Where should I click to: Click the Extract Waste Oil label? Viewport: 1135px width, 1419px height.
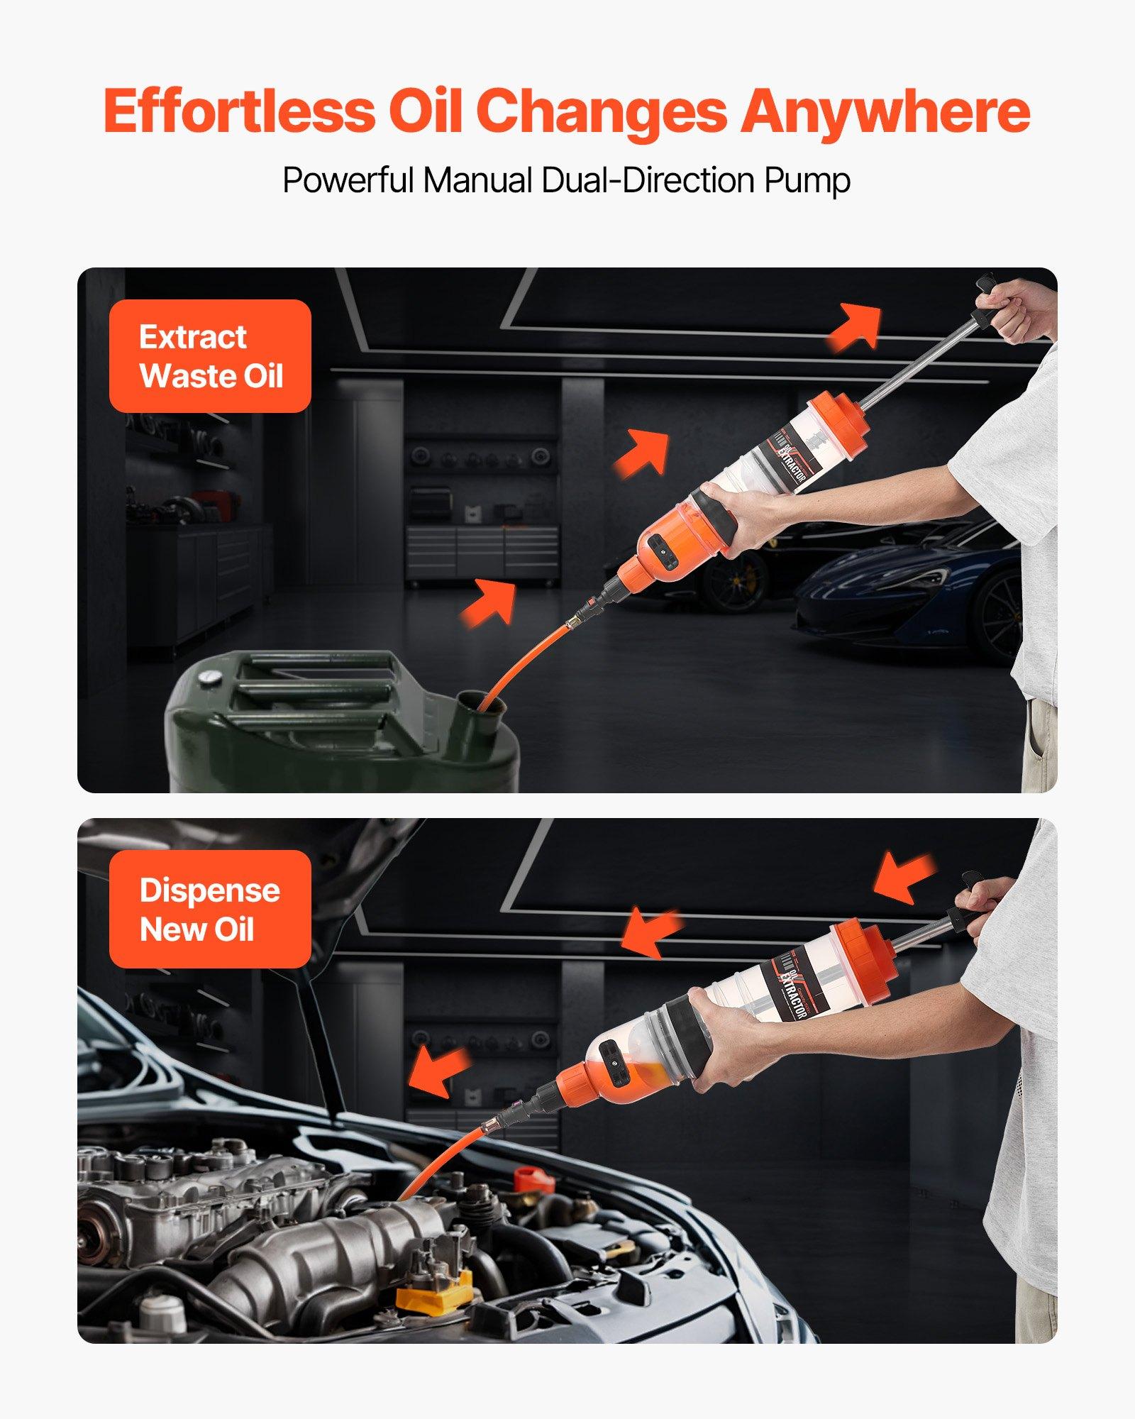point(210,356)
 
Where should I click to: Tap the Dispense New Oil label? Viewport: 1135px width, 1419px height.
point(210,909)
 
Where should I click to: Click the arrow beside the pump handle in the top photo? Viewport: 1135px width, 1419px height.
point(856,326)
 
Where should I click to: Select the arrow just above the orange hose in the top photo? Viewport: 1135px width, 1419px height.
point(489,601)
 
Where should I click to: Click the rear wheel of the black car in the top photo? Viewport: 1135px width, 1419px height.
point(734,582)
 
